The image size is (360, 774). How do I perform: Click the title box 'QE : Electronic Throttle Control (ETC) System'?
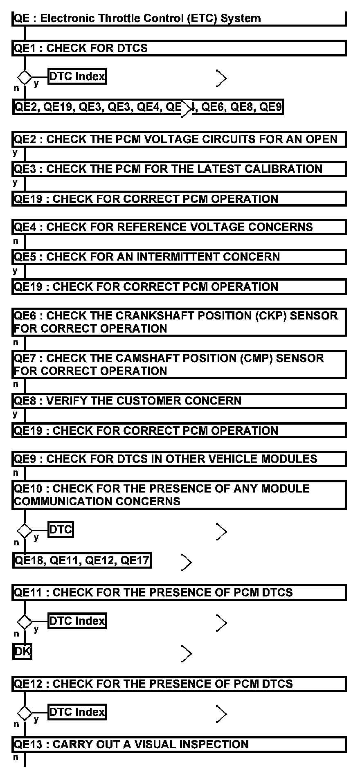179,18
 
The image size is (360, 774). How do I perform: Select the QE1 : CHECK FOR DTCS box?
179,48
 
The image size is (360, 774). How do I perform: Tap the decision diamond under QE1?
25,77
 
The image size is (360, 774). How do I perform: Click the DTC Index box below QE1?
77,76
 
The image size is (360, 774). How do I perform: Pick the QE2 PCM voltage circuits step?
179,139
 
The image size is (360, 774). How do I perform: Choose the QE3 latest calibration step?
179,169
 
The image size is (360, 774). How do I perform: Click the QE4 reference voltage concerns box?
179,227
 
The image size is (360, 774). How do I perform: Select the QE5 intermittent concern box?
179,257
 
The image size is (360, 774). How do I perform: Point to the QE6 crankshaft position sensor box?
179,322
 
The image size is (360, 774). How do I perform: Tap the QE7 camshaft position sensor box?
179,364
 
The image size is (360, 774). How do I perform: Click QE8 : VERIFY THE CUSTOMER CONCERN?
179,400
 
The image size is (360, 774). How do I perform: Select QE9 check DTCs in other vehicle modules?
179,459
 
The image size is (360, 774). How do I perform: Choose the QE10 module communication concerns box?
179,495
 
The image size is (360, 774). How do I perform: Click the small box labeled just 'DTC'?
61,530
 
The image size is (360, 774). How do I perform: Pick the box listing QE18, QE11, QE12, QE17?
82,560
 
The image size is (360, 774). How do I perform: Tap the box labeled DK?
22,651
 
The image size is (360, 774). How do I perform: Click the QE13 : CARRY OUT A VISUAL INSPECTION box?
179,744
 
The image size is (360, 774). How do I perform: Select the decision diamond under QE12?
25,713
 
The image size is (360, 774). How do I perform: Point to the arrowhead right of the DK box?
187,654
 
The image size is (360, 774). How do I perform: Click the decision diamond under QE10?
25,531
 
